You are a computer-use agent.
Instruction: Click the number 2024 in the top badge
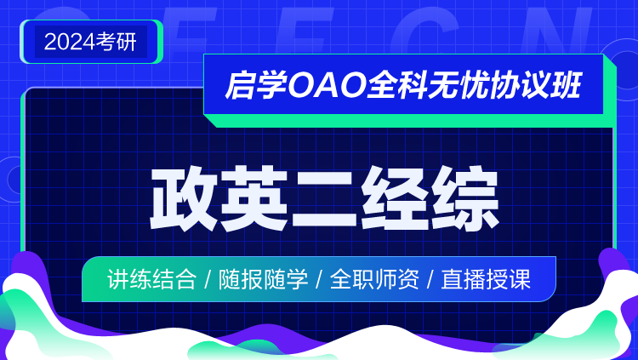(x=70, y=42)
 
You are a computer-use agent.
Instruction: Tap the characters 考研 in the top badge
(x=116, y=42)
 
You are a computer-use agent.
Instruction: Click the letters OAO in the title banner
(x=326, y=85)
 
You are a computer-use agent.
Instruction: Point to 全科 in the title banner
(x=396, y=85)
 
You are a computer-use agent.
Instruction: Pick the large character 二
(x=325, y=199)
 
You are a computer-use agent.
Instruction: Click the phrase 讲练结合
(x=151, y=279)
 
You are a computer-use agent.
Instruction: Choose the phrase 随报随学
(x=263, y=279)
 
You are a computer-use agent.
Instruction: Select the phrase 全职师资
(x=374, y=279)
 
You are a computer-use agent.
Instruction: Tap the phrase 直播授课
(x=486, y=279)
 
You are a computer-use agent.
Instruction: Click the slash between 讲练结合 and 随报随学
(x=208, y=280)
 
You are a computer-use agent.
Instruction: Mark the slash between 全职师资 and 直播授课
(x=430, y=280)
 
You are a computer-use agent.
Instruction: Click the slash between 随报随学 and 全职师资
(x=319, y=280)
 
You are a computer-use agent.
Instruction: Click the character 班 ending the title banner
(x=566, y=85)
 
